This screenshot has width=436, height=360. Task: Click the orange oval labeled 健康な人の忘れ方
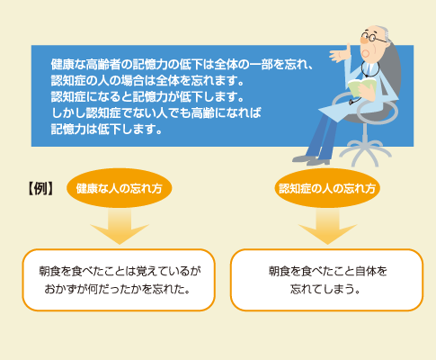click(119, 188)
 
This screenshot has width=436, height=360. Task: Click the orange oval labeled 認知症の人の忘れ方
click(327, 188)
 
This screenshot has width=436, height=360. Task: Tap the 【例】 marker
click(40, 189)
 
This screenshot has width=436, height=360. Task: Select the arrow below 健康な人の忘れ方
click(120, 227)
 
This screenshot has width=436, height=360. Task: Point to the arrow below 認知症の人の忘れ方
click(327, 227)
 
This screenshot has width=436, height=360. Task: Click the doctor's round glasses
click(373, 38)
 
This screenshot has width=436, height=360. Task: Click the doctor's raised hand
click(340, 54)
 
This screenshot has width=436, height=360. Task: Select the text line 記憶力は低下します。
click(107, 129)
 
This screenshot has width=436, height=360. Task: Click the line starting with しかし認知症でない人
click(156, 112)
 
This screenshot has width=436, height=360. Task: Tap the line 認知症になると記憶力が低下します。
click(147, 96)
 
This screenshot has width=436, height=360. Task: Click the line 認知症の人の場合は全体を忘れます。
click(147, 80)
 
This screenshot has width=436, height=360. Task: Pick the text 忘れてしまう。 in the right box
click(325, 289)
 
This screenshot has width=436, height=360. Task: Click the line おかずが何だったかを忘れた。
click(118, 289)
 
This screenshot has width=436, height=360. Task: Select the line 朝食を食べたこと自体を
click(327, 271)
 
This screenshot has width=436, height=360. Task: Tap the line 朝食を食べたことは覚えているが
click(120, 271)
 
